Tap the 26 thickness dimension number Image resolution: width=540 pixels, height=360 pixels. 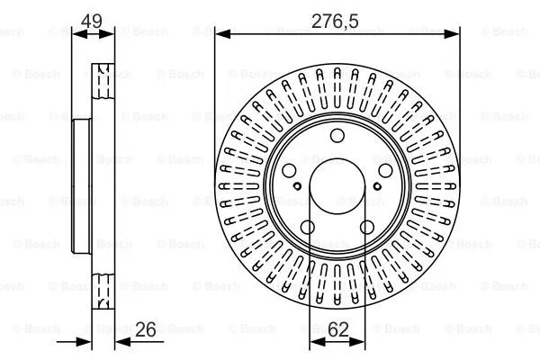[x=144, y=330]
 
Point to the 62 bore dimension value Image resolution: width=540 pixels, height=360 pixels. [x=337, y=330]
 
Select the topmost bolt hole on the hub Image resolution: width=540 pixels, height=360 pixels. [x=337, y=137]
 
